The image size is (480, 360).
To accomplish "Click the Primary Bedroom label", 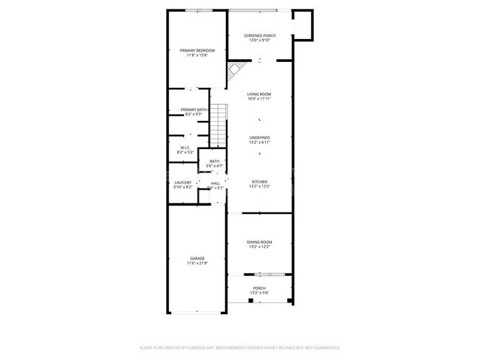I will (197, 50).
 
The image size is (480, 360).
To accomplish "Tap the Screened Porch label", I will (258, 35).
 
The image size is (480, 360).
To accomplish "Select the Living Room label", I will (259, 94).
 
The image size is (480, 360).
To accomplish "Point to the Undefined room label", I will (259, 137).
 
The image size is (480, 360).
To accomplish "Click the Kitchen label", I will (259, 181).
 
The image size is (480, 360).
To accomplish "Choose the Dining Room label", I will (259, 242).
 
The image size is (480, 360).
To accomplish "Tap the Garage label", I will (197, 258).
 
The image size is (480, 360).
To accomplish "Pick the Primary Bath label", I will (193, 110).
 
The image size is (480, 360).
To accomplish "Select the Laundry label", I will (183, 182).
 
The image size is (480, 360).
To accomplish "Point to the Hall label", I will (216, 183).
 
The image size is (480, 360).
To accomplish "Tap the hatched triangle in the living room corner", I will (236, 71).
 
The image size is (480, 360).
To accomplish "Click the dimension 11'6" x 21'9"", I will (197, 263).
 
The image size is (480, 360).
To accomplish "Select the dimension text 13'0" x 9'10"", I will (258, 41).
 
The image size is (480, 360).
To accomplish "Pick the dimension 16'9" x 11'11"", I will (259, 99).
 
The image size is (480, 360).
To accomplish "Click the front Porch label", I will (259, 288).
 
